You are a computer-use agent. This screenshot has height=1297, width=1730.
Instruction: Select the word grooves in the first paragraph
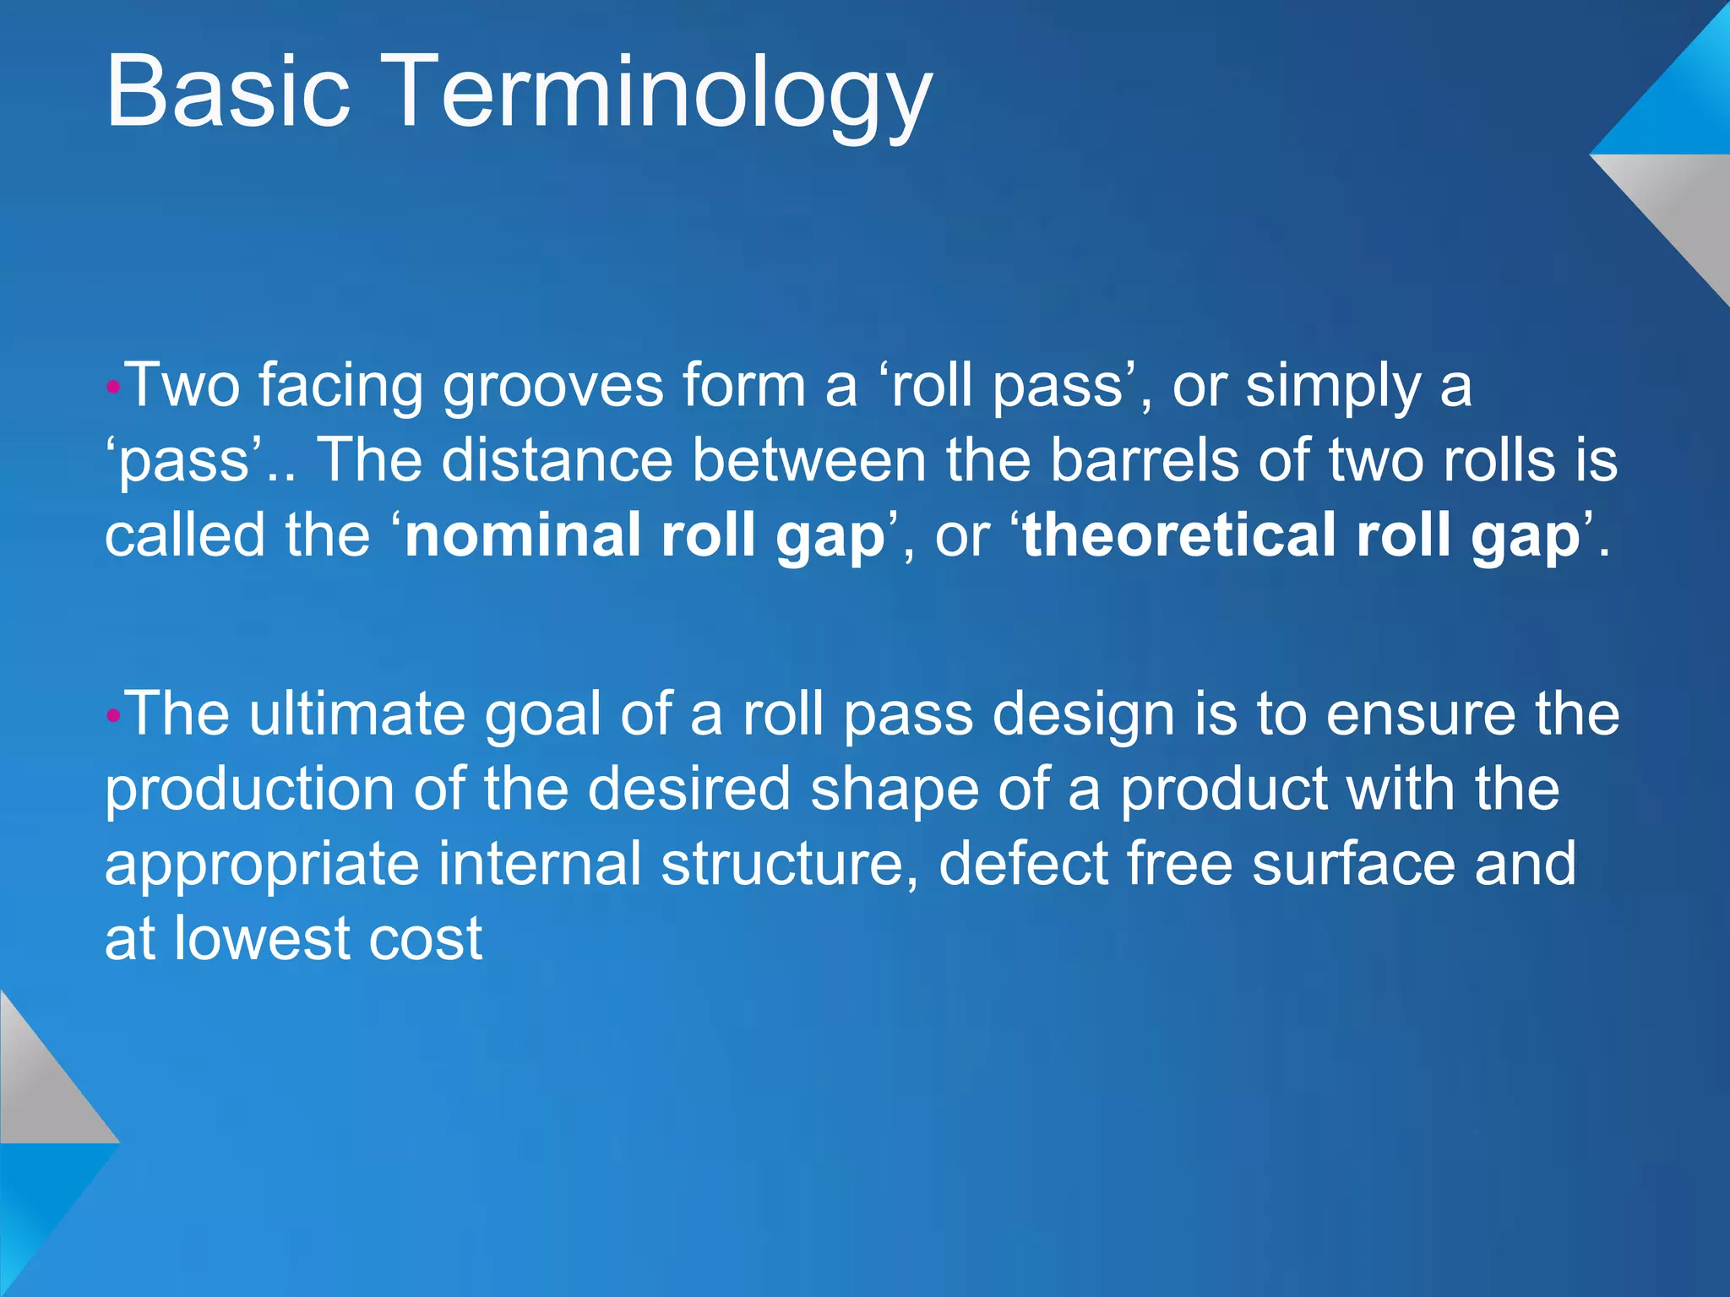(553, 386)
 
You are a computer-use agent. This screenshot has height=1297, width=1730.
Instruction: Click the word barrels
(1145, 461)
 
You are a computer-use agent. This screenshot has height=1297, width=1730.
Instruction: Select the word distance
(557, 461)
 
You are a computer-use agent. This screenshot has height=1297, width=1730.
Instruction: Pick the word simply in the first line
(1333, 386)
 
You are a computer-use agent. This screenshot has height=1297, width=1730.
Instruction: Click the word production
(250, 790)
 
